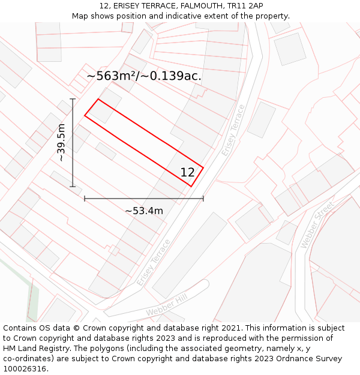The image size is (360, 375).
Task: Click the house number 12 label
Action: [x=187, y=173]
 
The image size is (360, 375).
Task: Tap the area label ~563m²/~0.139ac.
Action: [x=144, y=76]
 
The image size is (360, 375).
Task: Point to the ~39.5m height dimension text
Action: [x=61, y=143]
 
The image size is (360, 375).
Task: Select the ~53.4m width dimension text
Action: [x=144, y=211]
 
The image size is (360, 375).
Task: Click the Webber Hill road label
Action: [x=165, y=307]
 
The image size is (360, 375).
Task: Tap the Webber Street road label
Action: [x=317, y=226]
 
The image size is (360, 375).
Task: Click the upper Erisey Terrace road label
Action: [x=233, y=130]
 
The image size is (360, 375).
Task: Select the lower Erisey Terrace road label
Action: [x=154, y=262]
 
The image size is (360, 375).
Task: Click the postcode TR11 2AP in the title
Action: [x=245, y=6]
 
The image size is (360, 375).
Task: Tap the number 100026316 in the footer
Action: [x=25, y=369]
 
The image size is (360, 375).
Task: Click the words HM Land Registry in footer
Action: [x=37, y=349]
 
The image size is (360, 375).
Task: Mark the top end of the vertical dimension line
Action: [x=73, y=99]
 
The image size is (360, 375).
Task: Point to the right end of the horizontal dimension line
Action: [x=203, y=198]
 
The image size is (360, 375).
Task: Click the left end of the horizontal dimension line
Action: [x=85, y=198]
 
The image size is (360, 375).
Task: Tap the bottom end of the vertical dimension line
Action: [x=73, y=187]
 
